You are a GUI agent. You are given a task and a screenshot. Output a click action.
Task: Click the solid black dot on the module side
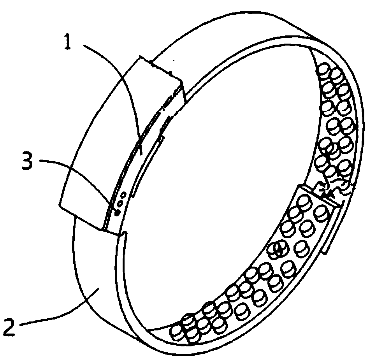click(115, 212)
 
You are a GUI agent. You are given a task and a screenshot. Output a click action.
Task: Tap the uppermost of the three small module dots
click(124, 194)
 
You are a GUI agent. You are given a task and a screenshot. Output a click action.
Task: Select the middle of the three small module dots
click(120, 202)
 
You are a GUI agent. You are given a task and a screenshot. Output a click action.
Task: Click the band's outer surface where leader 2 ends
click(99, 288)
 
